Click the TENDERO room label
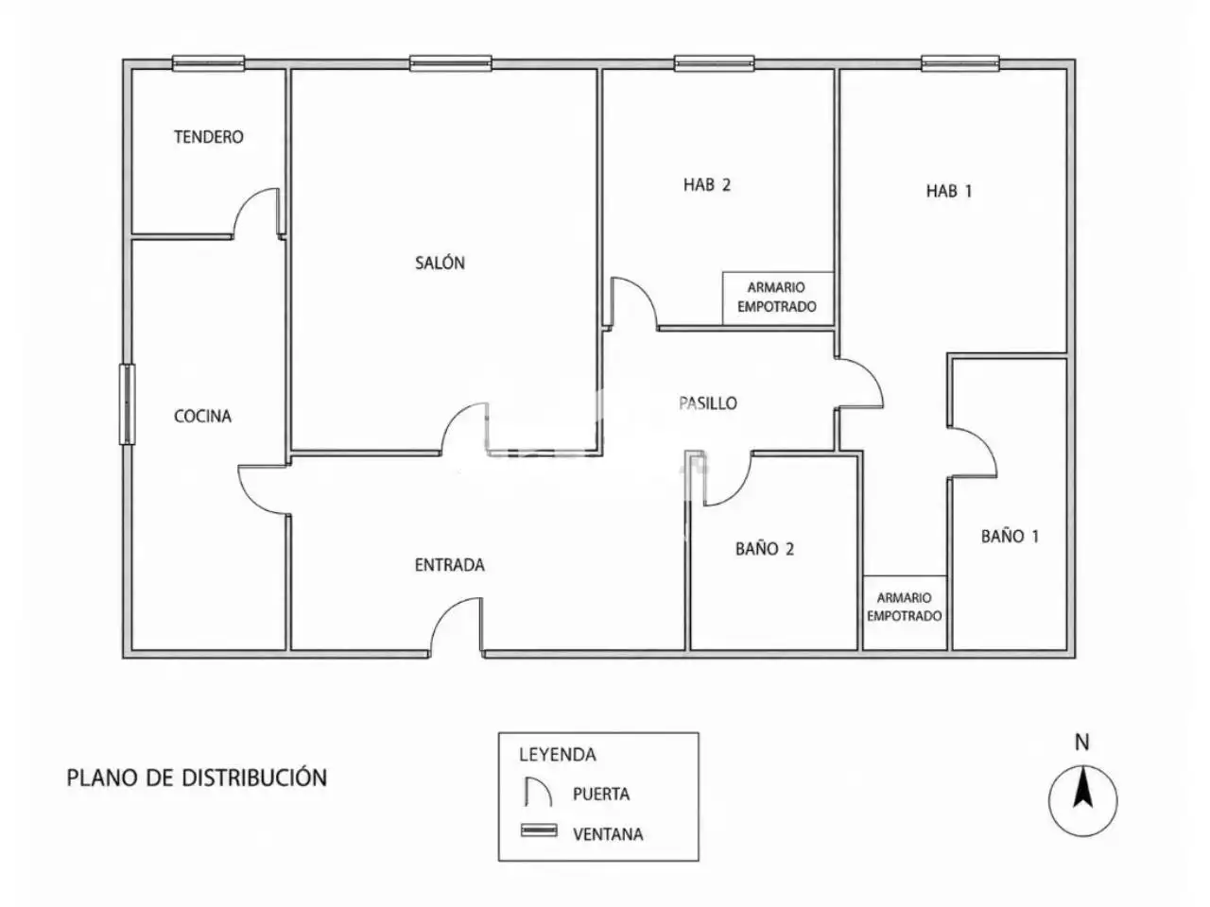[x=208, y=137]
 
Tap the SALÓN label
[x=440, y=262]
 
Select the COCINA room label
[x=202, y=416]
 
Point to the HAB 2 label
[x=707, y=184]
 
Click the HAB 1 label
[x=949, y=191]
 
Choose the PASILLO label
[x=708, y=403]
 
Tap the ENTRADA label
[x=449, y=565]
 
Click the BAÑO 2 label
[x=765, y=549]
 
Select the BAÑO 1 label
[x=1010, y=536]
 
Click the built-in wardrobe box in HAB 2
[x=777, y=298]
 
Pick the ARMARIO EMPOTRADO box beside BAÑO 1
[x=904, y=612]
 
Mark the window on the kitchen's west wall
[x=128, y=403]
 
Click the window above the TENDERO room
[x=208, y=63]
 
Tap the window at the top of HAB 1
[x=959, y=63]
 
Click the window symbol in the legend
[x=539, y=830]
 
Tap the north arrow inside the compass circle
[x=1082, y=789]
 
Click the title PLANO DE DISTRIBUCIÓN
[x=197, y=778]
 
